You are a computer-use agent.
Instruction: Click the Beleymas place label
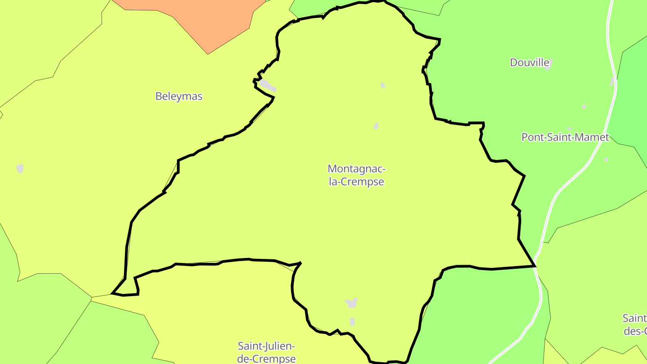click(x=179, y=96)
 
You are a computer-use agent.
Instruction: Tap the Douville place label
click(x=529, y=62)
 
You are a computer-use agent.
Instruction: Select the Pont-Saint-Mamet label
click(x=565, y=137)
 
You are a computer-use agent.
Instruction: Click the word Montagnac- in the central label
click(x=356, y=169)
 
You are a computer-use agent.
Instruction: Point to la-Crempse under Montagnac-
click(x=356, y=182)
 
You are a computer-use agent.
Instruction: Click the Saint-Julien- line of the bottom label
click(x=266, y=346)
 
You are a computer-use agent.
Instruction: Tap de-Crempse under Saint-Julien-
click(x=266, y=359)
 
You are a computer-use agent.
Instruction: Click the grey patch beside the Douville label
click(x=547, y=64)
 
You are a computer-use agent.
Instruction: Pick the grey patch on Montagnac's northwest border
click(x=266, y=85)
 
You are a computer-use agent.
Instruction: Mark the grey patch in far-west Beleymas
click(x=20, y=169)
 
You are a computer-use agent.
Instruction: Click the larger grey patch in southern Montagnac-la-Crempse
click(x=351, y=303)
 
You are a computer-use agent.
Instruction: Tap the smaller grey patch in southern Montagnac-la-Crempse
click(x=352, y=322)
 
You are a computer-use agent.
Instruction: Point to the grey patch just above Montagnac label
click(x=376, y=126)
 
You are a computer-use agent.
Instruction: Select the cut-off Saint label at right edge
click(x=634, y=325)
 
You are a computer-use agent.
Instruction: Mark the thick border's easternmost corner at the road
click(x=535, y=266)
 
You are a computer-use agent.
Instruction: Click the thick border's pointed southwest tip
click(x=112, y=294)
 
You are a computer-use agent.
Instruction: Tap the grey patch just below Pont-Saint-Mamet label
click(x=606, y=159)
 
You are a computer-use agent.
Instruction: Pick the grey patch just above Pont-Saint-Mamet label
click(x=570, y=129)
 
